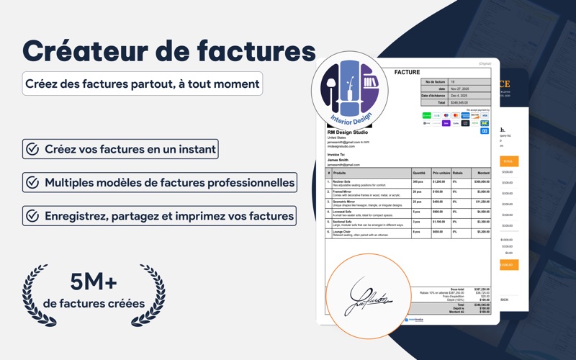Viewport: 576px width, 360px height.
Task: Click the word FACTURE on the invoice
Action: (x=407, y=72)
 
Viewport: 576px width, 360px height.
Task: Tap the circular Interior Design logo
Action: (x=349, y=90)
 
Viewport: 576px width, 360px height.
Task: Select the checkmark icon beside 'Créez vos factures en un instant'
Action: (x=32, y=149)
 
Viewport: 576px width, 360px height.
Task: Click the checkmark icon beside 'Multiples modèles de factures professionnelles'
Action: (x=32, y=182)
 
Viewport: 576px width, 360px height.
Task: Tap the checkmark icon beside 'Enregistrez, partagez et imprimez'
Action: (x=32, y=215)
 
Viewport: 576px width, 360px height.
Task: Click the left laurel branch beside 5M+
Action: (x=37, y=295)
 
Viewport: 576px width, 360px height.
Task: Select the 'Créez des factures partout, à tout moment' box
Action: (x=142, y=84)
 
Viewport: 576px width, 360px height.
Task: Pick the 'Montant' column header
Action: (x=483, y=173)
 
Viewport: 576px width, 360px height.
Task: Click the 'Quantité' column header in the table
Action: (x=419, y=173)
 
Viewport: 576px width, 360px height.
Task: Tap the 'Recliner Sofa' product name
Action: (x=342, y=181)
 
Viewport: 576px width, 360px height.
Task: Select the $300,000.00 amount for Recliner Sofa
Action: (x=482, y=182)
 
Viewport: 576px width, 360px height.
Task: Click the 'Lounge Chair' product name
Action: (x=341, y=232)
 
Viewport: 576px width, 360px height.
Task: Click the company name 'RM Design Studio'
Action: (x=347, y=132)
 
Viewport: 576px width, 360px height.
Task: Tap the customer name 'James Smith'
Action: (x=340, y=160)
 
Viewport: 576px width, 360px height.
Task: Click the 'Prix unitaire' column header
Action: (x=441, y=173)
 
